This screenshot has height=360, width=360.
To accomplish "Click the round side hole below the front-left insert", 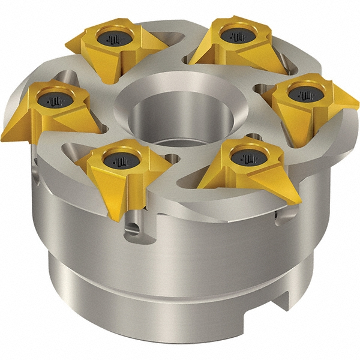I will click(133, 229).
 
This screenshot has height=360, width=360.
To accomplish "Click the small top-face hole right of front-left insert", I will click(173, 158).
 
